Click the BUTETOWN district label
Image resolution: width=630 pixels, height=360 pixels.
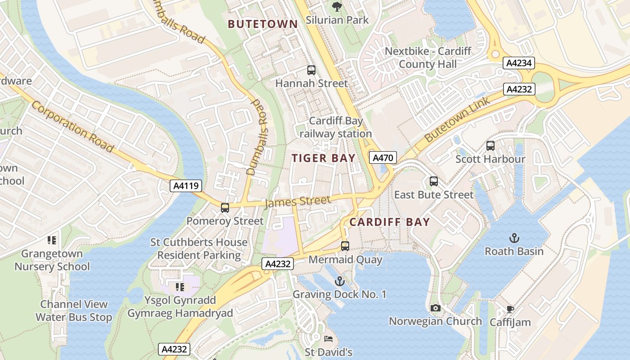point(263,24)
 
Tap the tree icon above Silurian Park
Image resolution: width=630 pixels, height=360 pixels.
point(337,7)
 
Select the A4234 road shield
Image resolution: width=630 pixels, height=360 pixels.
point(519,63)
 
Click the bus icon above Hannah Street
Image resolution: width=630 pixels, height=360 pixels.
point(311,70)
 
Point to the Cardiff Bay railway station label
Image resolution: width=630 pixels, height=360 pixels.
point(336,127)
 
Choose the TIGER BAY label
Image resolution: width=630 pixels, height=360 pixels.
point(324,158)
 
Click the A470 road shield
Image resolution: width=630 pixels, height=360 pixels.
point(383,157)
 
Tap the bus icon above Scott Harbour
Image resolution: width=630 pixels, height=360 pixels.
point(490,146)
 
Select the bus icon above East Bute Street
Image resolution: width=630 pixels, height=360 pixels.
point(434,181)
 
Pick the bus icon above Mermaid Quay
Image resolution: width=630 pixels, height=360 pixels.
point(345,246)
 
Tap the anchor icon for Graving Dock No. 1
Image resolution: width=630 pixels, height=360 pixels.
point(340,281)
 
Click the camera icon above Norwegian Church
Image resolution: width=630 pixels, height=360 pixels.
point(435,308)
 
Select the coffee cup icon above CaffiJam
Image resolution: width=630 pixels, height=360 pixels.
point(510,309)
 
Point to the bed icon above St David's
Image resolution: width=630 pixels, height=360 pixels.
point(328,339)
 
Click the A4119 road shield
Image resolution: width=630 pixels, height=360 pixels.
point(185,186)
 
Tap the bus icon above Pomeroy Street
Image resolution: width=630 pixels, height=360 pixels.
point(225,208)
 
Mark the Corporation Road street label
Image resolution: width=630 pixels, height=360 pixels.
point(72,126)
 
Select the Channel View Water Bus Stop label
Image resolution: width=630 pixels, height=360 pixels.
point(74,311)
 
